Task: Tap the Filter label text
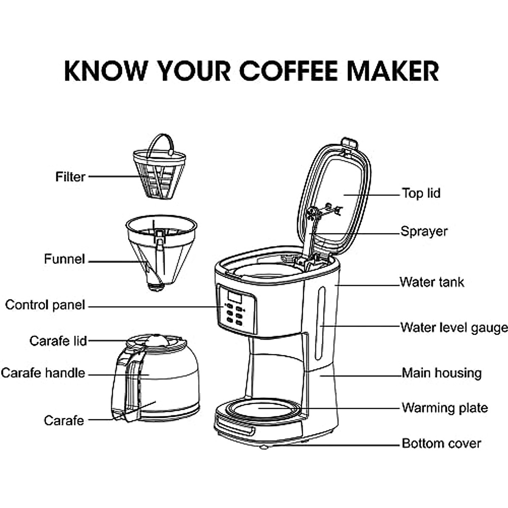pyautogui.click(x=70, y=177)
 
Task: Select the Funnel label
pyautogui.click(x=64, y=259)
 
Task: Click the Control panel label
pyautogui.click(x=45, y=305)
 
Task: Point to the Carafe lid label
pyautogui.click(x=58, y=341)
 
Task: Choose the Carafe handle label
pyautogui.click(x=43, y=373)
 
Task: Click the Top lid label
pyautogui.click(x=421, y=193)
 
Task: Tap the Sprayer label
pyautogui.click(x=424, y=232)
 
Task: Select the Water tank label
pyautogui.click(x=431, y=282)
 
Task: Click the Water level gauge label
pyautogui.click(x=453, y=328)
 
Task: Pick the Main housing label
pyautogui.click(x=441, y=373)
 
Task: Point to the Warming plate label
pyautogui.click(x=444, y=408)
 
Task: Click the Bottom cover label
pyautogui.click(x=441, y=444)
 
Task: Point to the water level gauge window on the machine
pyautogui.click(x=321, y=324)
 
